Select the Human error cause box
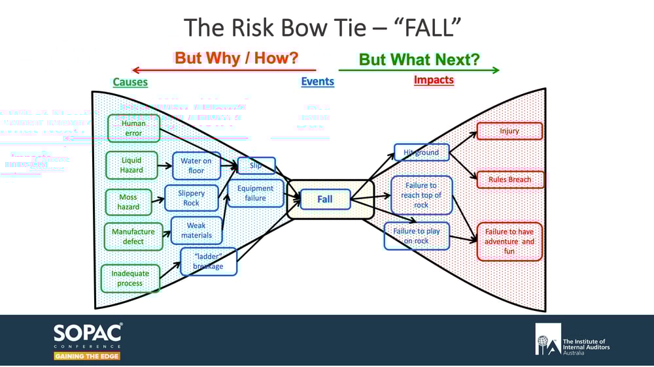[x=133, y=128]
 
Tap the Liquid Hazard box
[x=131, y=165]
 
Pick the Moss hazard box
[x=128, y=202]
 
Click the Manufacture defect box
[x=133, y=236]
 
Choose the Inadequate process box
[x=130, y=278]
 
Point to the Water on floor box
[x=196, y=165]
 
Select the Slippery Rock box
[x=191, y=198]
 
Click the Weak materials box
[x=196, y=231]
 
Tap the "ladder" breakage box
[x=208, y=261]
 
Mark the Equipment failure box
[x=256, y=193]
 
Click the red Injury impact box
[x=509, y=131]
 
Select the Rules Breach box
[x=510, y=179]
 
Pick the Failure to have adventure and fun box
[x=509, y=242]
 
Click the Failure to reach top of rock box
[x=421, y=195]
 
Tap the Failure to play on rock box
[x=417, y=236]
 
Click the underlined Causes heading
[x=130, y=82]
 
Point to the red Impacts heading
[x=434, y=80]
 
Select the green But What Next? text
[x=419, y=59]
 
